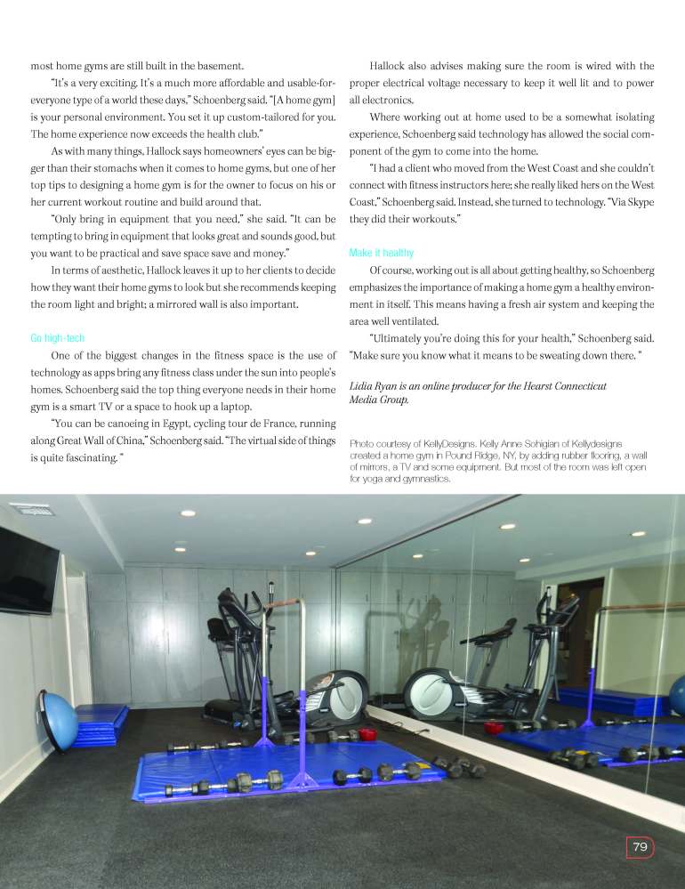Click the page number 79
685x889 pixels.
coord(640,847)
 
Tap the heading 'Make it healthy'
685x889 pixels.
coord(382,253)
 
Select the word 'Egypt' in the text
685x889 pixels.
coord(178,424)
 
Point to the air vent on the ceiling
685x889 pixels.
coord(31,511)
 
